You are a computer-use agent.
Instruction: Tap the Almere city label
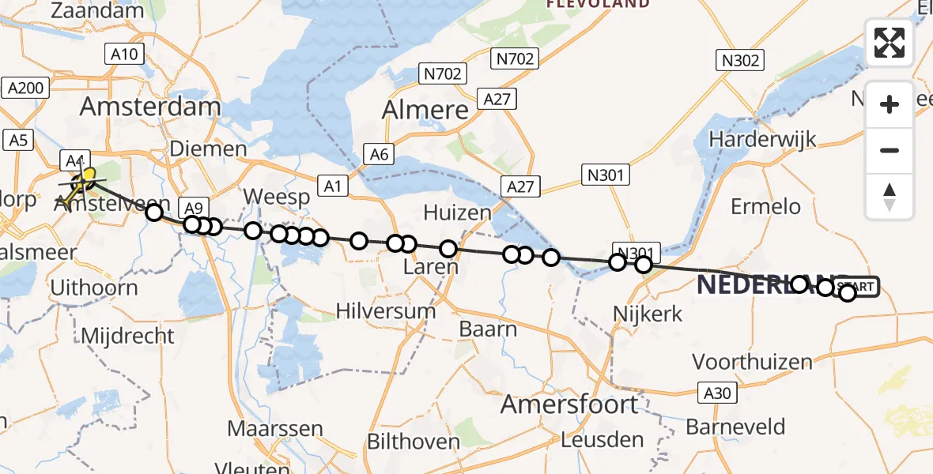tap(425, 110)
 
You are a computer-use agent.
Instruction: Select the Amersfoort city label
tap(569, 404)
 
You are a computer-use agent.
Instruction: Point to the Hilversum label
tap(386, 310)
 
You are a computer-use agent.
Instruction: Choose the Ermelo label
tap(765, 207)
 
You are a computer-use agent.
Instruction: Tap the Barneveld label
tap(735, 427)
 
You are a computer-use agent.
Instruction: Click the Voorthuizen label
tap(752, 363)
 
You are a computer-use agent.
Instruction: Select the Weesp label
tap(275, 196)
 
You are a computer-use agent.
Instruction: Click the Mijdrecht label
tap(127, 335)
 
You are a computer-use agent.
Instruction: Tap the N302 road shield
tap(739, 60)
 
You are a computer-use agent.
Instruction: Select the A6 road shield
tap(379, 154)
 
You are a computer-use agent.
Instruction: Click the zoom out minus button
tap(890, 150)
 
